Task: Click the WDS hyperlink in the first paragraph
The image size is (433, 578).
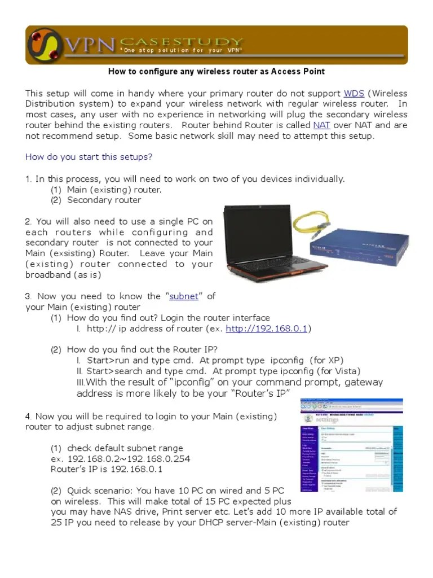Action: point(354,93)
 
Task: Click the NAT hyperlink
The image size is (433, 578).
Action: point(322,125)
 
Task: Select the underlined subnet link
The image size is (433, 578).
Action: point(183,296)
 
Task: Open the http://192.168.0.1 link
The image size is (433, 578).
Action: point(266,329)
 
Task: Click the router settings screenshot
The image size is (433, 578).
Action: point(352,445)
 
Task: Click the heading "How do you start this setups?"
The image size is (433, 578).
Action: point(89,157)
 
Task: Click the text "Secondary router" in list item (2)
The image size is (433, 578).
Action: point(104,200)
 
